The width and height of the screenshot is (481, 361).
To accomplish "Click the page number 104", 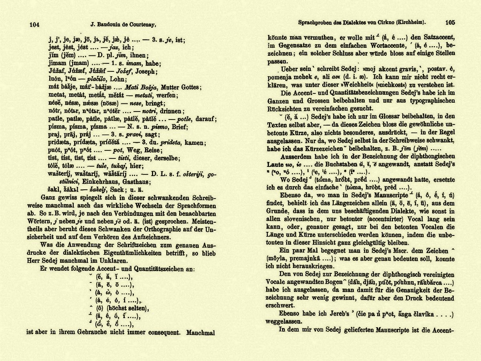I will [34, 25].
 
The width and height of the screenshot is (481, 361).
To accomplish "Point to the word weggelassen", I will [287, 321].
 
